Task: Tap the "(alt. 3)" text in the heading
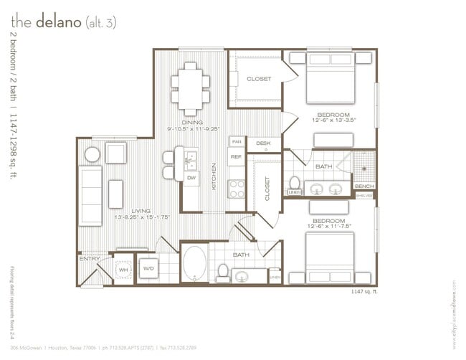point(101,23)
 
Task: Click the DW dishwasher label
point(191,177)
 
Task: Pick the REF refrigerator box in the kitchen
point(236,156)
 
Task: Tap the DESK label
point(263,143)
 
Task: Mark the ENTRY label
point(90,259)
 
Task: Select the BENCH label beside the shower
point(364,186)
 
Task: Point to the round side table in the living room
point(92,153)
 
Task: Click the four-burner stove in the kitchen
point(237,188)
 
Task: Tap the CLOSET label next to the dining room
point(259,79)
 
